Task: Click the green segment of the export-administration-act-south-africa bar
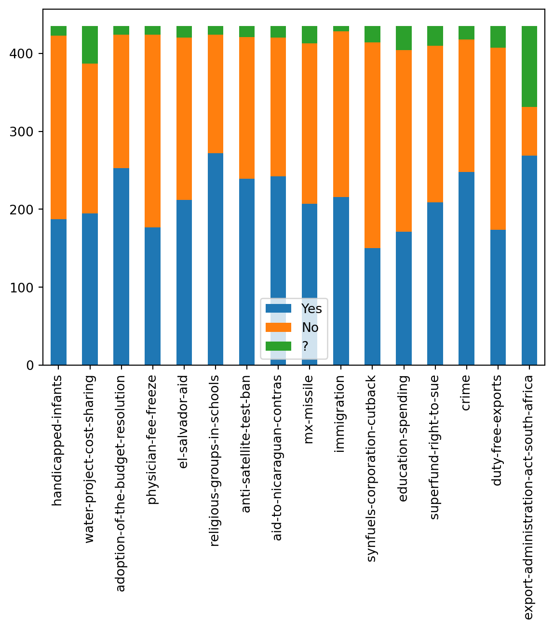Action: point(529,66)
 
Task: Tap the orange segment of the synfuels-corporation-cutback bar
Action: point(372,145)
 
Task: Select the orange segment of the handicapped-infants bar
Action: point(58,127)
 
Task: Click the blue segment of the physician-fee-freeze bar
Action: point(152,296)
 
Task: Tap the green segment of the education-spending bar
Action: point(404,38)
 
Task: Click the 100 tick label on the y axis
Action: point(22,288)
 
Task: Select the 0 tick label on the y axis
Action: point(30,366)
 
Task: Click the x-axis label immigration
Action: point(341,414)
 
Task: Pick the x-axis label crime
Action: point(466,393)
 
